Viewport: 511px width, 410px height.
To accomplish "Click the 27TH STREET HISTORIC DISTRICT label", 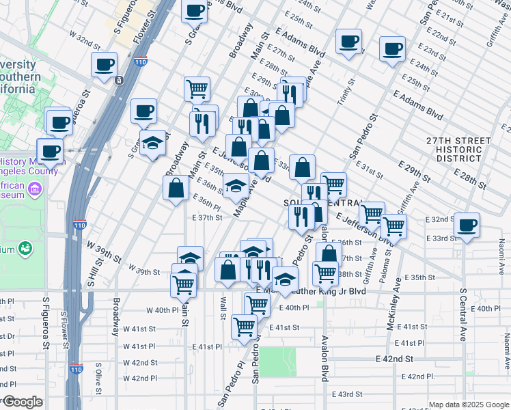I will click(x=458, y=149).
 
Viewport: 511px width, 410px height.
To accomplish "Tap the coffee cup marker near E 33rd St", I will click(x=467, y=225).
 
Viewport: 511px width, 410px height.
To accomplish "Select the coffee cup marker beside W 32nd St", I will click(x=105, y=65).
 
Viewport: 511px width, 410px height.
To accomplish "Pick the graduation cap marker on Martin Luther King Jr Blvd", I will click(x=285, y=279).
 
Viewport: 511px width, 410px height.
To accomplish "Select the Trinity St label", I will click(x=346, y=92).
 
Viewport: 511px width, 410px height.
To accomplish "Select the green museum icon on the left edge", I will click(x=26, y=247).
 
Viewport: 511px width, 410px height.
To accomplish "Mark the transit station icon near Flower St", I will click(x=119, y=80).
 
